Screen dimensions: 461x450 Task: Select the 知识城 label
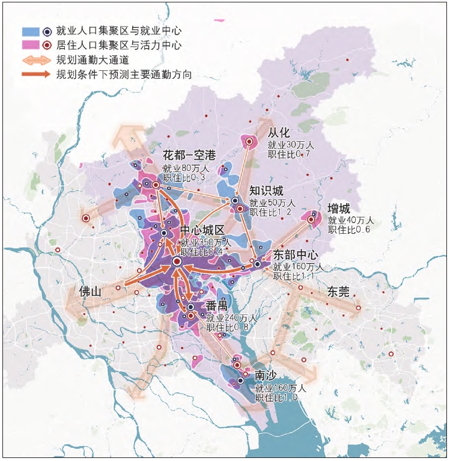(x=266, y=191)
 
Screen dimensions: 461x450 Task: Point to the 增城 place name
(x=339, y=208)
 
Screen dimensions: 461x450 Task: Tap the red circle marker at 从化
(x=248, y=141)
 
